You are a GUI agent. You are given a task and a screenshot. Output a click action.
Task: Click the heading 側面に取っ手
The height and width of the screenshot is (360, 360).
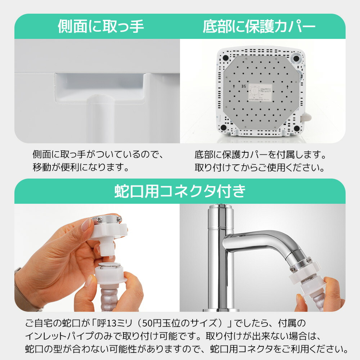101,27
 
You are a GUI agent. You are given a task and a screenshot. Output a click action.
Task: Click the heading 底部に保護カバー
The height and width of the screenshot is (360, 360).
259,27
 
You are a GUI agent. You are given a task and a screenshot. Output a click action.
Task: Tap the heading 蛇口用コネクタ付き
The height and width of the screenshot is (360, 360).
180,191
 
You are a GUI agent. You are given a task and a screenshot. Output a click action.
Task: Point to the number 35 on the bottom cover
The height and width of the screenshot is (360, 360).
244,86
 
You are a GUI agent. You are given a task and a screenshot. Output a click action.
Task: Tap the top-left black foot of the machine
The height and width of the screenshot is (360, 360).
225,58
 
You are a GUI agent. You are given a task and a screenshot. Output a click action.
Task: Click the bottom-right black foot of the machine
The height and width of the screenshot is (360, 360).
297,128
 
